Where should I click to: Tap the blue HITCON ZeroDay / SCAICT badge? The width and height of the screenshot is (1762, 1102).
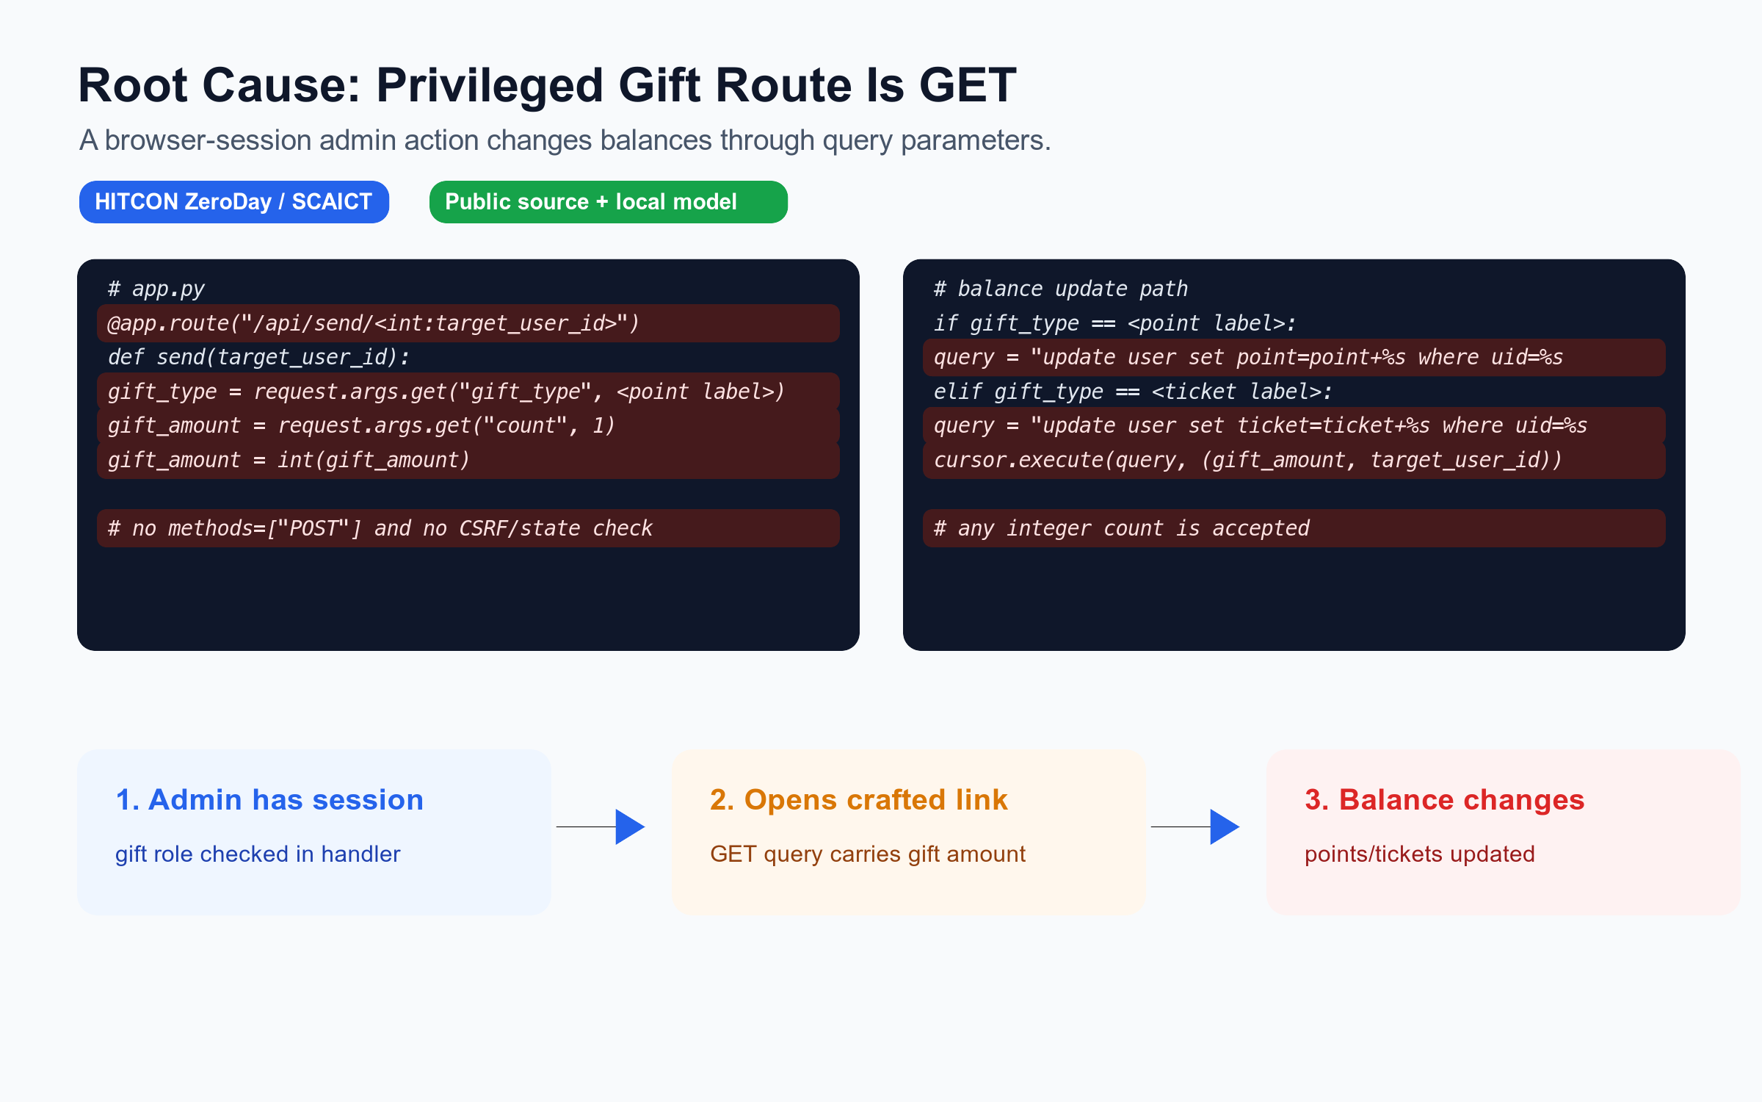[234, 202]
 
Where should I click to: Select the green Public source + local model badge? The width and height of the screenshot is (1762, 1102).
[609, 202]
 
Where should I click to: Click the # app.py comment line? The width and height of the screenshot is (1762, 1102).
[156, 289]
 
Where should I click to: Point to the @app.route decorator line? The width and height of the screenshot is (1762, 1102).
[374, 323]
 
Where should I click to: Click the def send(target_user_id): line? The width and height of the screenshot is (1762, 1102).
[258, 357]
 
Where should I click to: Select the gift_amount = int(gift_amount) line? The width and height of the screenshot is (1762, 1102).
[289, 460]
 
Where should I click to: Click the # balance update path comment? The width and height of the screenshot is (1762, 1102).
[1061, 289]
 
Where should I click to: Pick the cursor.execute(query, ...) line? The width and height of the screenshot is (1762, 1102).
[1248, 460]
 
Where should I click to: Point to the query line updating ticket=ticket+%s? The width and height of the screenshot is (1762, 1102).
[1261, 425]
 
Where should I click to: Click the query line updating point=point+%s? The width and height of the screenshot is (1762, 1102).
[1248, 357]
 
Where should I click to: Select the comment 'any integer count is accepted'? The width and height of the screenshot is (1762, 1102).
[1122, 528]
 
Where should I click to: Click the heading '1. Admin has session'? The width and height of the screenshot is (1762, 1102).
[269, 799]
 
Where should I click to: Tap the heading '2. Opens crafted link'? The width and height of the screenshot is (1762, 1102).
[859, 799]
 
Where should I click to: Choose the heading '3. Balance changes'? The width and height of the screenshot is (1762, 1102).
[1445, 799]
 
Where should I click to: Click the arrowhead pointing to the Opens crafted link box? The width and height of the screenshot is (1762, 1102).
[630, 827]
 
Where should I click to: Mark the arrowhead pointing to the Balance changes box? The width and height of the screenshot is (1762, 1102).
[1225, 827]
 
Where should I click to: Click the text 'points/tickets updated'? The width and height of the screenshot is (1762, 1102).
[1420, 854]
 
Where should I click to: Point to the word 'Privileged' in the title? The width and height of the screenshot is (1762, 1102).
[490, 85]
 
